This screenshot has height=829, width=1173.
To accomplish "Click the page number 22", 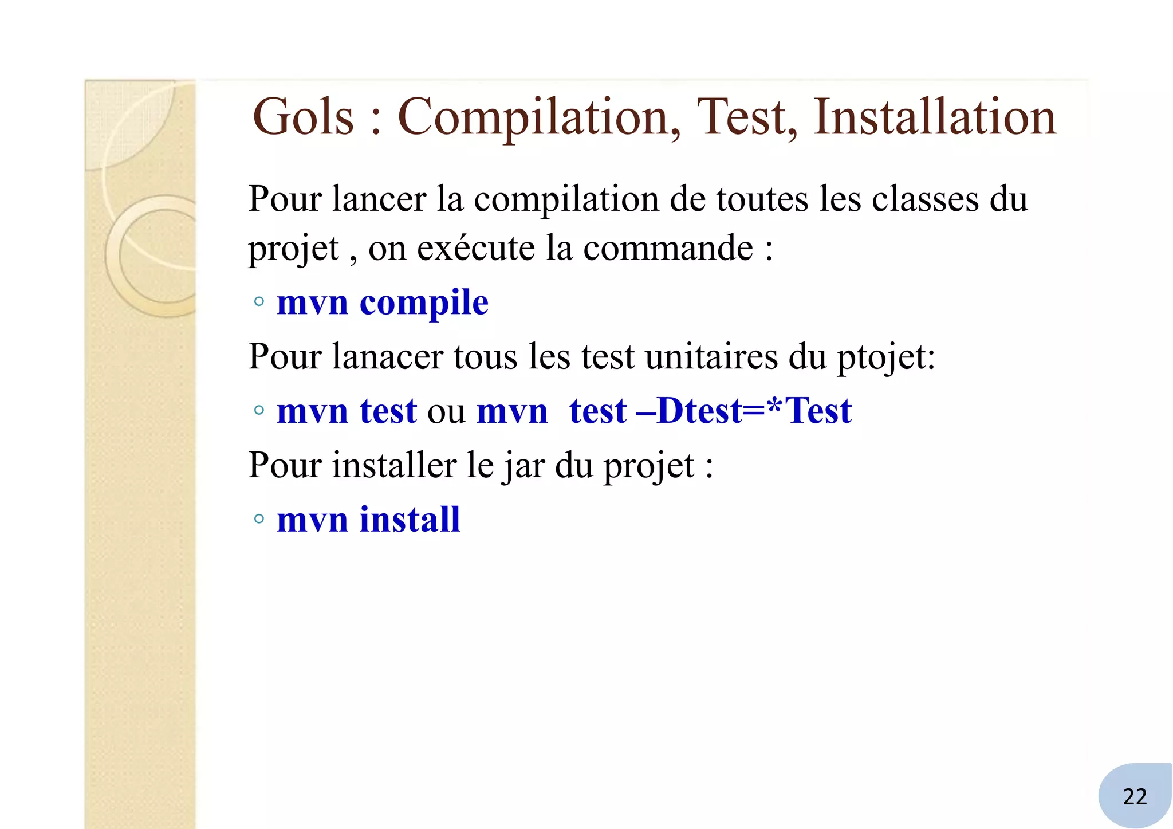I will point(1135,796).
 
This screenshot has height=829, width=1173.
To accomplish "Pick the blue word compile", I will point(424,303).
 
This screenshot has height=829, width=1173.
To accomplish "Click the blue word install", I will point(410,520).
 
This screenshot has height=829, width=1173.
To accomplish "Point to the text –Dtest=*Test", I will point(744,411).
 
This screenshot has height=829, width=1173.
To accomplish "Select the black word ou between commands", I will point(446,412).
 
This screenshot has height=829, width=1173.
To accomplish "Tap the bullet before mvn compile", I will point(259,301).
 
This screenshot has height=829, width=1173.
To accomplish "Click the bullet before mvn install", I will point(259,519).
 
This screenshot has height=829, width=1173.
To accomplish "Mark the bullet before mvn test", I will point(259,410).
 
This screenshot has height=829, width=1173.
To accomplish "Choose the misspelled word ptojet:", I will point(885,357).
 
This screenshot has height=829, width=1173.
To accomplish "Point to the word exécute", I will point(476,249).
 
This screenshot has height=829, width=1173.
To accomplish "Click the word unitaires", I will point(711,356).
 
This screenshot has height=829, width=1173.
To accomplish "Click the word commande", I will point(668,249).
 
